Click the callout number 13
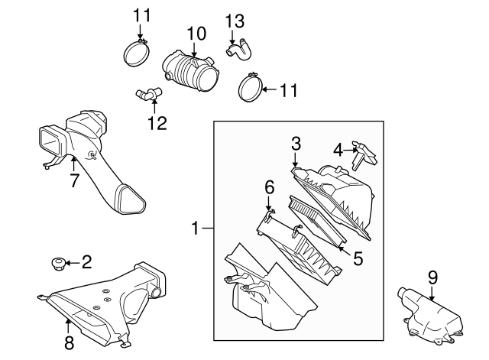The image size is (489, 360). (x=235, y=22)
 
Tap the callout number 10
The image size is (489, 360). (x=196, y=34)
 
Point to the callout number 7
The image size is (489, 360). (x=73, y=180)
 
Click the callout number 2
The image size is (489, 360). (x=87, y=261)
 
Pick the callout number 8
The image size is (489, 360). (x=70, y=342)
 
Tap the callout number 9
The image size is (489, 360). (x=432, y=277)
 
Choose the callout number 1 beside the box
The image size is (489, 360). (x=196, y=228)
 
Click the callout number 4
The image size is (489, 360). (x=338, y=151)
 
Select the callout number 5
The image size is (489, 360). (x=358, y=258)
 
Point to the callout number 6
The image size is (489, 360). (x=270, y=187)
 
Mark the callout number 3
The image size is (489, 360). (x=296, y=144)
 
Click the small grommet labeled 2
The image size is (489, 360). (x=58, y=264)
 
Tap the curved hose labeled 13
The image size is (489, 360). (x=239, y=50)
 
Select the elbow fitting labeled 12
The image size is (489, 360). (x=147, y=94)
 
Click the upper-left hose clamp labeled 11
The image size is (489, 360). (x=137, y=53)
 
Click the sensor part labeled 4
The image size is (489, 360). (x=364, y=154)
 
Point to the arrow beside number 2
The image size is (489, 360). (x=73, y=263)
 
